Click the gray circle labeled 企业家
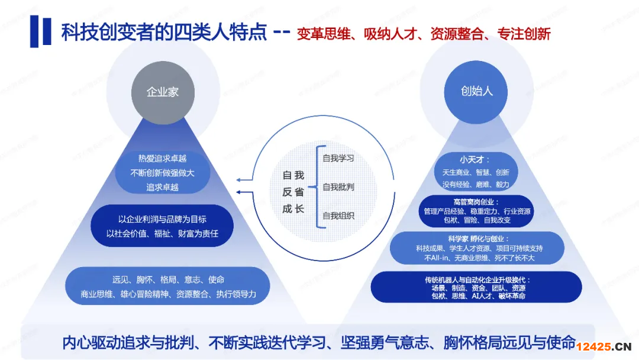(163, 92)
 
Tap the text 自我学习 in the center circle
(338, 158)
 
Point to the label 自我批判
(338, 187)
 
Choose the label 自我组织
(338, 216)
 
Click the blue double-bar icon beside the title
(40, 31)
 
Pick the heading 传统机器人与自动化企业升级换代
(477, 279)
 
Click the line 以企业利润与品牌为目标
(162, 219)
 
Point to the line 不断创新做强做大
(162, 173)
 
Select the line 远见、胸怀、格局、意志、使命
(168, 279)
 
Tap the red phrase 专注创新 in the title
(524, 34)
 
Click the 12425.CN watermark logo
(604, 346)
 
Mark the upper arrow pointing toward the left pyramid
(244, 180)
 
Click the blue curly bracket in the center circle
(318, 187)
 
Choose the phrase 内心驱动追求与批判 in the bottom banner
(128, 343)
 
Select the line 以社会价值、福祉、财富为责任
(162, 234)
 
